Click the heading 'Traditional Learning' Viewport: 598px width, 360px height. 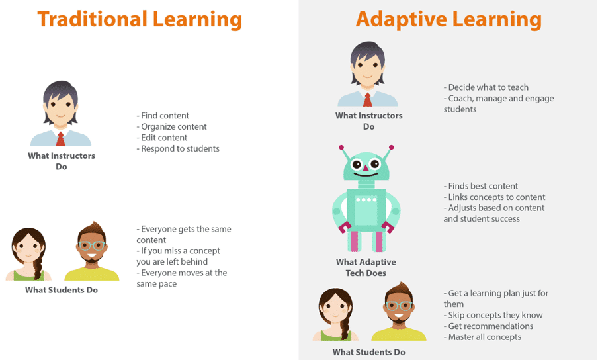pos(140,20)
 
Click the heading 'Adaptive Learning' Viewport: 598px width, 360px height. pos(448,20)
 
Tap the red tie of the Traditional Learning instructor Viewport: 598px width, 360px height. pos(60,139)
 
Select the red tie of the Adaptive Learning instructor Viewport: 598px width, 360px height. pos(367,99)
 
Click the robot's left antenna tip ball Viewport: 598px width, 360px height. pos(341,147)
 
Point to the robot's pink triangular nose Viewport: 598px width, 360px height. pos(366,168)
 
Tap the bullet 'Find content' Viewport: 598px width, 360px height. pos(163,116)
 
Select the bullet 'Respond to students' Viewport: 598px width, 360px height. pos(178,148)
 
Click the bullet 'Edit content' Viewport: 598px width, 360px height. pos(161,137)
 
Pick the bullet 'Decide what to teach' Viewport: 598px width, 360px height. pos(486,87)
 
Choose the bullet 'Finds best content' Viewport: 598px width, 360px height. pos(480,186)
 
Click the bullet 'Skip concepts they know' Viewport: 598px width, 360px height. pos(493,315)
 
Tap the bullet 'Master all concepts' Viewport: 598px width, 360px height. pos(482,337)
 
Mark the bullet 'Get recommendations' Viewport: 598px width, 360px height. pos(488,326)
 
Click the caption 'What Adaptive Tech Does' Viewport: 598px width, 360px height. pos(366,267)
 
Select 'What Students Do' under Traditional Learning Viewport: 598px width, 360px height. pos(62,290)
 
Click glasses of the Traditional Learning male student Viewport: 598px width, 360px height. pos(91,246)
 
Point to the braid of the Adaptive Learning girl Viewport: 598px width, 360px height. pos(345,328)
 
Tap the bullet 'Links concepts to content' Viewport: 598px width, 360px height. pos(494,197)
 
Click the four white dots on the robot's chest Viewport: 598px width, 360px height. pos(366,199)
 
